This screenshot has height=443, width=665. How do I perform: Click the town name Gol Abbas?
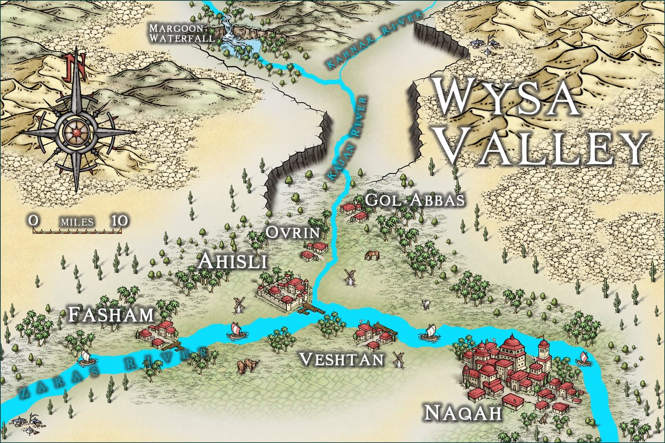click(x=414, y=200)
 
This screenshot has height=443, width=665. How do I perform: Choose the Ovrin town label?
click(x=292, y=232)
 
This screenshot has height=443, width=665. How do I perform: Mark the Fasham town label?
click(x=112, y=314)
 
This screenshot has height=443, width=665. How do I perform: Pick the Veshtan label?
click(x=342, y=359)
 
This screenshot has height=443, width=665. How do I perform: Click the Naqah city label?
click(x=463, y=413)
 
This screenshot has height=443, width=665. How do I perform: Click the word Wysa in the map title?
click(x=507, y=99)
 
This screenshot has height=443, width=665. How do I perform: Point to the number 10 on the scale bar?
click(x=119, y=221)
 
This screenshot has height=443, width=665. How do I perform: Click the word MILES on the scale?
click(x=77, y=222)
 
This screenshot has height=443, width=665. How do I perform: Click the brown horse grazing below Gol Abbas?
click(x=372, y=255)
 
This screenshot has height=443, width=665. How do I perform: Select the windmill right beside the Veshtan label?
click(x=399, y=358)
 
